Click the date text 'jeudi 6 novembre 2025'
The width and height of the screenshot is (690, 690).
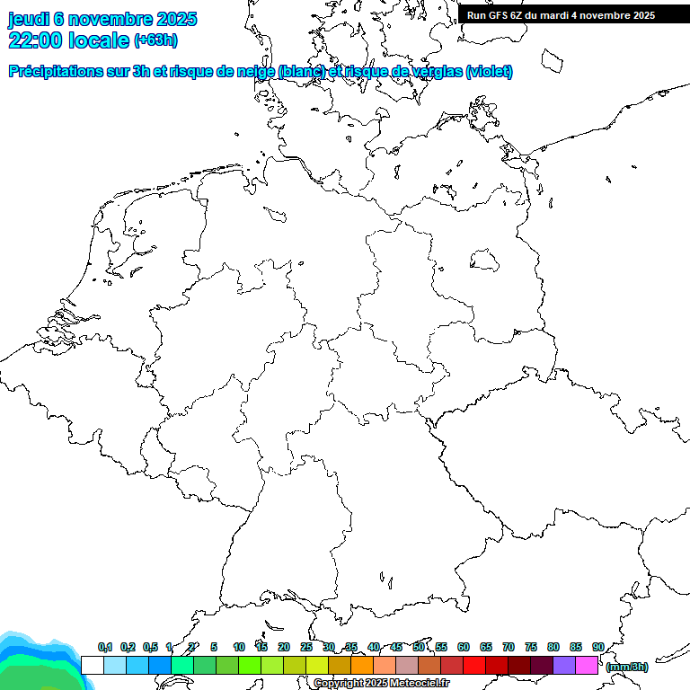pyautogui.click(x=102, y=19)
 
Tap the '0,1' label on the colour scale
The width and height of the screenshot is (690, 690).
pyautogui.click(x=105, y=648)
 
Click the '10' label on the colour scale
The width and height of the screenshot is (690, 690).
pyautogui.click(x=239, y=648)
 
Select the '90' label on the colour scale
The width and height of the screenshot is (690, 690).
pyautogui.click(x=598, y=648)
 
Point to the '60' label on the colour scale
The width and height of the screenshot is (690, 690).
pyautogui.click(x=464, y=648)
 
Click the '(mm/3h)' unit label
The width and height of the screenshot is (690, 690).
pyautogui.click(x=627, y=667)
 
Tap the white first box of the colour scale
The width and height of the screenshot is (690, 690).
pyautogui.click(x=92, y=665)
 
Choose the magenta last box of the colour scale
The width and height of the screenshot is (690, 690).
pyautogui.click(x=587, y=665)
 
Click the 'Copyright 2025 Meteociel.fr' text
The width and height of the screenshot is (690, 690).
pyautogui.click(x=382, y=684)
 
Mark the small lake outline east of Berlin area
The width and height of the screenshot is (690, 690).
pyautogui.click(x=485, y=260)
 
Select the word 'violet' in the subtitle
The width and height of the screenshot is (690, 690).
pyautogui.click(x=490, y=72)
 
